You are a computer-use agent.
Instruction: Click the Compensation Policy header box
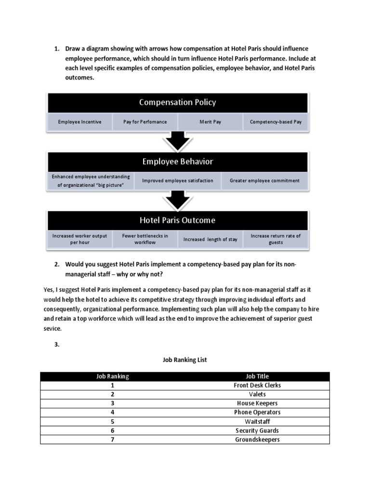pyautogui.click(x=177, y=103)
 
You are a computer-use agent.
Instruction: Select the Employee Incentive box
pyautogui.click(x=79, y=122)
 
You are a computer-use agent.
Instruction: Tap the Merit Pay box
pyautogui.click(x=210, y=122)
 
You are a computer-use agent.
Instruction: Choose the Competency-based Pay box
pyautogui.click(x=276, y=122)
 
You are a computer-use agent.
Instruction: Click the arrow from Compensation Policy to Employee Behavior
pyautogui.click(x=177, y=142)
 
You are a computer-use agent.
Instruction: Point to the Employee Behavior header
pyautogui.click(x=177, y=162)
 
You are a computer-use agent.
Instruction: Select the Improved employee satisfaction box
pyautogui.click(x=177, y=181)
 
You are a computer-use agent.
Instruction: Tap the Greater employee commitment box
pyautogui.click(x=264, y=181)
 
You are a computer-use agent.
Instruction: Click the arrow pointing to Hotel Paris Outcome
pyautogui.click(x=177, y=200)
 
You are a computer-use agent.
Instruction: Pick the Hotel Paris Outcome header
pyautogui.click(x=177, y=221)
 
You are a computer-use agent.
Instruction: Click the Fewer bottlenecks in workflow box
pyautogui.click(x=145, y=239)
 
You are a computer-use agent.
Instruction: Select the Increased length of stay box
pyautogui.click(x=210, y=239)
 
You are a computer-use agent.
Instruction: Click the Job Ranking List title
pyautogui.click(x=185, y=360)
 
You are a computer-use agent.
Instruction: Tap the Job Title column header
pyautogui.click(x=257, y=376)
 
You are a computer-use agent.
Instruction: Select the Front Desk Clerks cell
pyautogui.click(x=257, y=385)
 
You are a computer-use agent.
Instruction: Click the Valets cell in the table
pyautogui.click(x=257, y=394)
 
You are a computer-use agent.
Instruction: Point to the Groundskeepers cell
pyautogui.click(x=257, y=440)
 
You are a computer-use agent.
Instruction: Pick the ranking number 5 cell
pyautogui.click(x=112, y=422)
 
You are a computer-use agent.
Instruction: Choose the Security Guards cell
pyautogui.click(x=257, y=430)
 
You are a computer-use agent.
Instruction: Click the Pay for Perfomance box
pyautogui.click(x=145, y=122)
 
